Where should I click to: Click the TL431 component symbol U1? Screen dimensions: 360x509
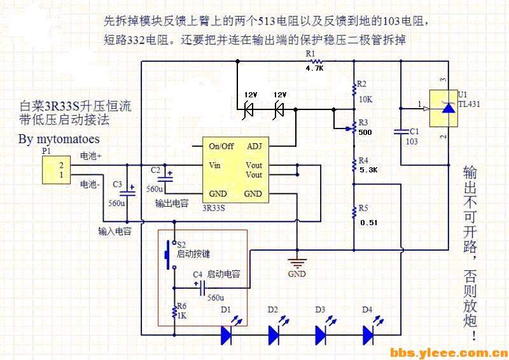(448, 107)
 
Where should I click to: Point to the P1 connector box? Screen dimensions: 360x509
(55, 170)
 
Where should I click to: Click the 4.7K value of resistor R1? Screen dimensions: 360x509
(315, 67)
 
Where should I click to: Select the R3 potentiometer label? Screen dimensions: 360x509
(363, 122)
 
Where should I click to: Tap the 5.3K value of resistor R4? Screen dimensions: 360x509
(368, 170)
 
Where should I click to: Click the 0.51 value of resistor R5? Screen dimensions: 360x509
(368, 223)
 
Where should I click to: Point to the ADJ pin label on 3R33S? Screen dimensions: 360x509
(253, 146)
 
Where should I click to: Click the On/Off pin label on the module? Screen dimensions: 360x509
(221, 146)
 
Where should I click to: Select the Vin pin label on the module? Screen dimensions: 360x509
(215, 165)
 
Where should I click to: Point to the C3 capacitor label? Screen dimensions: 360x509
(117, 184)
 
